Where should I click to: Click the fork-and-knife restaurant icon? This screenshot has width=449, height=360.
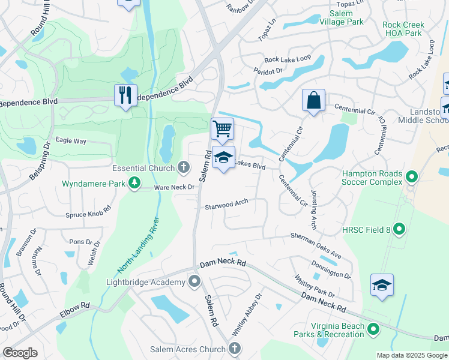pyautogui.click(x=125, y=96)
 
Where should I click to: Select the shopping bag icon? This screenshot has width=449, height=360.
pyautogui.click(x=313, y=100)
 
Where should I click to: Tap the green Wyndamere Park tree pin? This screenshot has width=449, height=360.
pyautogui.click(x=136, y=182)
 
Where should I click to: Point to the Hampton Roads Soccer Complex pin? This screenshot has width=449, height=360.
pyautogui.click(x=411, y=177)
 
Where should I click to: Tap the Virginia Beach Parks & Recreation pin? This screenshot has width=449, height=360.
pyautogui.click(x=373, y=329)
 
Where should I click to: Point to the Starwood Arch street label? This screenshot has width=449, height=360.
pyautogui.click(x=226, y=205)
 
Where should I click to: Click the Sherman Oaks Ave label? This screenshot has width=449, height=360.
pyautogui.click(x=316, y=245)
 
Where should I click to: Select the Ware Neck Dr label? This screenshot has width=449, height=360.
pyautogui.click(x=175, y=188)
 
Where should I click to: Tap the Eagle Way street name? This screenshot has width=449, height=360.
pyautogui.click(x=71, y=141)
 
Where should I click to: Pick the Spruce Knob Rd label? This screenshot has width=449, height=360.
pyautogui.click(x=89, y=211)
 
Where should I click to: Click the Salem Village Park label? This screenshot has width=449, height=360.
pyautogui.click(x=346, y=17)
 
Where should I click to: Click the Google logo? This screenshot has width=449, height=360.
pyautogui.click(x=20, y=352)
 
